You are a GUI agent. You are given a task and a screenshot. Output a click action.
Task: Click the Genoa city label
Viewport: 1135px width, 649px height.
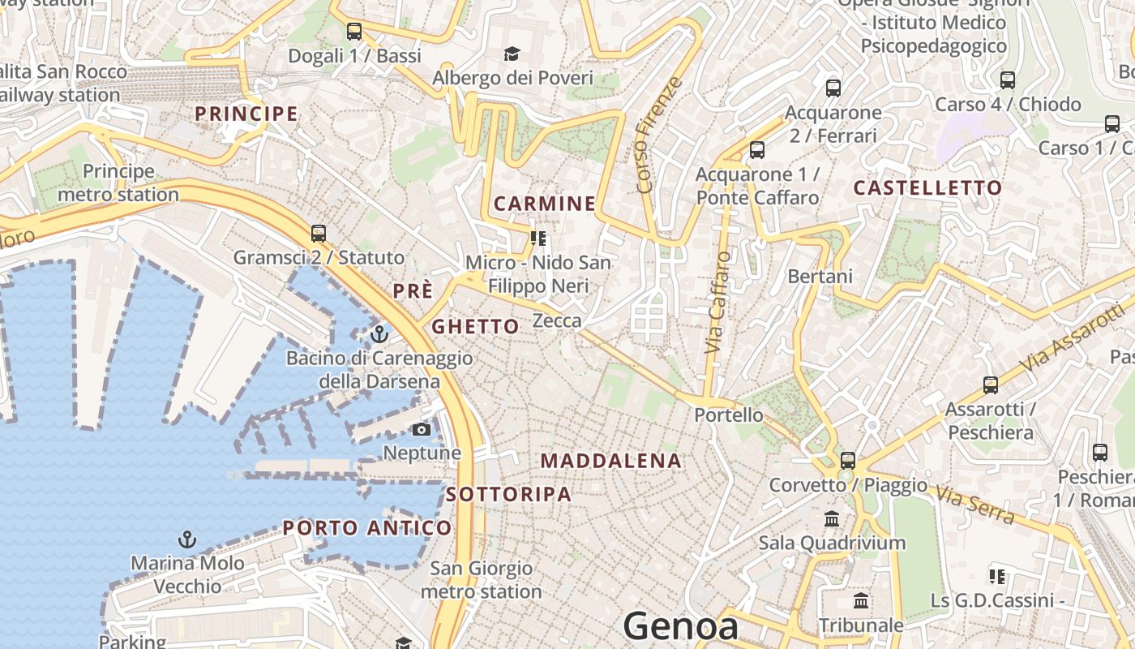680,626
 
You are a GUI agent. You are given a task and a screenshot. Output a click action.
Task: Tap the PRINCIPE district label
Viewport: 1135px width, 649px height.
246,114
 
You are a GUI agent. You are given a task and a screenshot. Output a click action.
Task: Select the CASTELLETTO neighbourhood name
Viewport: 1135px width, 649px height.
927,188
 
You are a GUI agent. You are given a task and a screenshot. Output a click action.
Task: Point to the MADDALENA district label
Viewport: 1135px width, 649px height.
611,461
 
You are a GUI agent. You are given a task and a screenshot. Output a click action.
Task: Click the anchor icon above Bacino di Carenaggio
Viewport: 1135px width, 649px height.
379,333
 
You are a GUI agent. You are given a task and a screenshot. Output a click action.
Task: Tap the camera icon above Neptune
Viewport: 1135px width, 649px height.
422,429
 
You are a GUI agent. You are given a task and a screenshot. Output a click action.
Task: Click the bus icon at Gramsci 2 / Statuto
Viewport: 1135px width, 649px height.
319,234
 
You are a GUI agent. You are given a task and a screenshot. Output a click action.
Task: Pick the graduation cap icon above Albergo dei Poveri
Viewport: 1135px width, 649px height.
512,54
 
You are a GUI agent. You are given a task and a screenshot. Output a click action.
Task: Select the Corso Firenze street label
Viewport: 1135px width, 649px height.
657,135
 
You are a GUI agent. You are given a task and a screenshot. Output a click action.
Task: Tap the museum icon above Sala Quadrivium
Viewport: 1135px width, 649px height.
832,518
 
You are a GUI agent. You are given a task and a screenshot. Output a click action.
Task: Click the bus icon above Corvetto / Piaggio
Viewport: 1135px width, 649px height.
848,460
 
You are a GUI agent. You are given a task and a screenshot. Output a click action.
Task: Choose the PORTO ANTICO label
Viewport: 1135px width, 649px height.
366,528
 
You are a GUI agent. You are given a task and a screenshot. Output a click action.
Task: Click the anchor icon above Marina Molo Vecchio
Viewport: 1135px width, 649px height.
187,539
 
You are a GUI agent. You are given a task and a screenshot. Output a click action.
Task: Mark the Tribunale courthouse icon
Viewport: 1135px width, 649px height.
861,601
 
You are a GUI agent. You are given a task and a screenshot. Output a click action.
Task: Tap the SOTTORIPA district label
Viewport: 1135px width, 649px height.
508,494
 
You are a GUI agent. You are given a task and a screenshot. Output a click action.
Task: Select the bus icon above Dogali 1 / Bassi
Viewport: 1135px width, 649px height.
354,32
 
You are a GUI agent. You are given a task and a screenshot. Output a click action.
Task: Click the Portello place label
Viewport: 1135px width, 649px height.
728,415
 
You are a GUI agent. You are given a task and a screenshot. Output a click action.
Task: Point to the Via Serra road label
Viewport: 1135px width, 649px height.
974,504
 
